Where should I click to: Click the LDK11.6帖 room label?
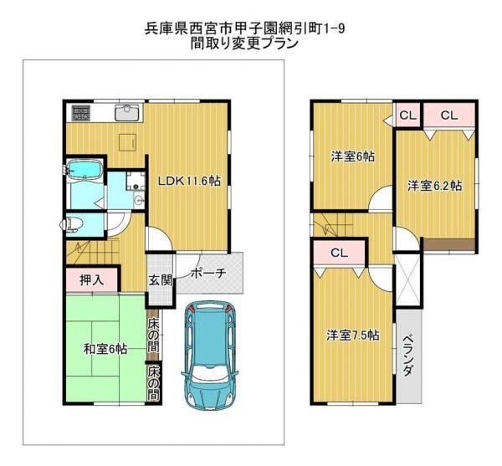coord(190,182)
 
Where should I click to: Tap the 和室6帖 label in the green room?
coord(105,349)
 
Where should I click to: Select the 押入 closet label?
coord(91,280)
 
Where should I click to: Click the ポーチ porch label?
coord(208,273)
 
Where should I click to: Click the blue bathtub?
coord(85,169)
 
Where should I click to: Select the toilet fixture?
coord(71,223)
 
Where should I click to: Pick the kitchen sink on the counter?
coord(127,113)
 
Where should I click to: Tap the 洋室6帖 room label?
coord(353,156)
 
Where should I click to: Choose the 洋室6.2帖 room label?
coord(435,186)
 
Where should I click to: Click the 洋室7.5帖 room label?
coord(353,335)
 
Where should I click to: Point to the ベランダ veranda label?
coord(407,356)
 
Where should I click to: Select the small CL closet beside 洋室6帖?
coord(407,115)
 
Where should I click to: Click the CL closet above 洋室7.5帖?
coord(340,253)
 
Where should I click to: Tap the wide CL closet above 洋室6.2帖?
coord(449,115)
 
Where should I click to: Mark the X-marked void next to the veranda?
coord(408,279)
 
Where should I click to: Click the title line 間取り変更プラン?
coord(244,44)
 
